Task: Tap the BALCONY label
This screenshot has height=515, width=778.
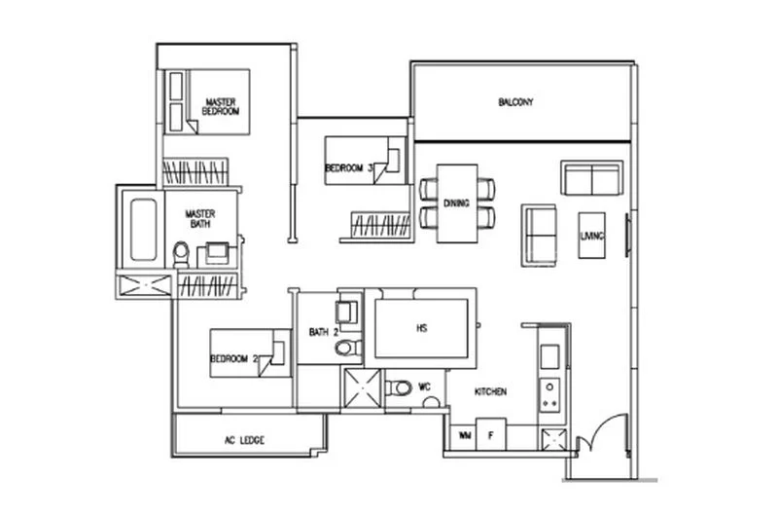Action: click(515, 102)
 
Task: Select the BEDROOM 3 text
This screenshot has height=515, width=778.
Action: click(348, 168)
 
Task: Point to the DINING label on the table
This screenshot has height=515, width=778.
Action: click(456, 203)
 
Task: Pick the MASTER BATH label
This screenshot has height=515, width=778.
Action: click(200, 219)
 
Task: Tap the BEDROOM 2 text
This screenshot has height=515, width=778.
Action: click(234, 359)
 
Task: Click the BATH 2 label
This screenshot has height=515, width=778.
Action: click(323, 332)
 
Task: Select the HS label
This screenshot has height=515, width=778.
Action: click(422, 328)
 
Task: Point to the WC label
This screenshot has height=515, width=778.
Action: click(425, 386)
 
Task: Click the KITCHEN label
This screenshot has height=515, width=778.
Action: click(490, 391)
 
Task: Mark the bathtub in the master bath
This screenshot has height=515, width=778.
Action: click(143, 232)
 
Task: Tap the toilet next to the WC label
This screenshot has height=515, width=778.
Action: click(399, 388)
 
